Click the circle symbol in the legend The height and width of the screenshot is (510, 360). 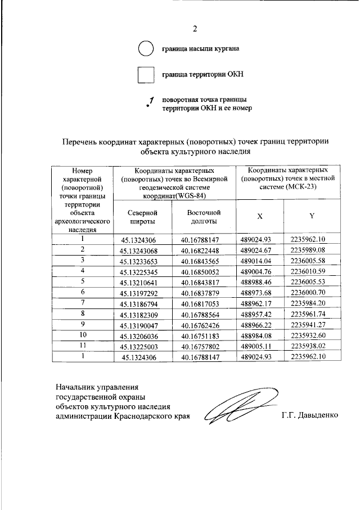coord(145,49)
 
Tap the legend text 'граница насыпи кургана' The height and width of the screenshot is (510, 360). coord(200,49)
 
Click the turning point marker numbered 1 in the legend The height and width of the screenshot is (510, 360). coord(150,102)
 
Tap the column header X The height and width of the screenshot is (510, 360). coord(259,217)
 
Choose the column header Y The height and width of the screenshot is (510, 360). coord(312,217)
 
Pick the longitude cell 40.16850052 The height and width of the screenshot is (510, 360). coord(202,271)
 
